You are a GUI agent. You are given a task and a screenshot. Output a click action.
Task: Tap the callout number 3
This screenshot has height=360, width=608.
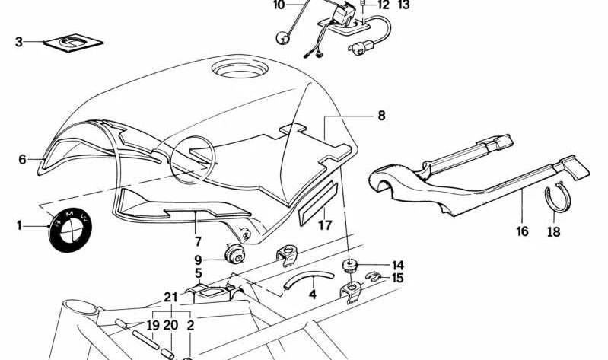tap(18, 42)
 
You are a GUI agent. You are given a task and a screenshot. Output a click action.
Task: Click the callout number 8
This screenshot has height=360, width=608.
tap(381, 115)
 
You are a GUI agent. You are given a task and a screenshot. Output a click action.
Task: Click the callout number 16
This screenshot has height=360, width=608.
tap(523, 231)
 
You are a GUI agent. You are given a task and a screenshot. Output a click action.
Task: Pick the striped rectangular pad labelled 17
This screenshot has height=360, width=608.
tap(318, 203)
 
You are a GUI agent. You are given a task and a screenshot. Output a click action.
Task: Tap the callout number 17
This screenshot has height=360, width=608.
tap(325, 225)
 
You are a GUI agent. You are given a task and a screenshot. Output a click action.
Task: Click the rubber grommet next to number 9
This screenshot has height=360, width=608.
tap(234, 253)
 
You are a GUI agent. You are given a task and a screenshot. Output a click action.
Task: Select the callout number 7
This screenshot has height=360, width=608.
tap(198, 242)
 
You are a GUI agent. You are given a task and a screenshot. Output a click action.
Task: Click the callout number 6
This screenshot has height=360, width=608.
tap(22, 159)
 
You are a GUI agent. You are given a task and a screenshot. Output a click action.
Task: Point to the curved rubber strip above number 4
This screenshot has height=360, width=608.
tap(309, 279)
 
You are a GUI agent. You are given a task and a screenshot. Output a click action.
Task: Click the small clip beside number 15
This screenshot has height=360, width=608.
tap(374, 277)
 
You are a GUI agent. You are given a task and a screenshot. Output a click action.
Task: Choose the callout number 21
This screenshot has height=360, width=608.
tap(170, 298)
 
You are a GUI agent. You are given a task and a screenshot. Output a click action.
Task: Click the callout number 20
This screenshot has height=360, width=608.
tap(170, 325)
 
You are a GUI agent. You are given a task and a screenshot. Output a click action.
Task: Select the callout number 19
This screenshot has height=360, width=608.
tap(153, 325)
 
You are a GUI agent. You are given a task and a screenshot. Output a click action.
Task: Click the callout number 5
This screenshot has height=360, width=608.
tap(198, 272)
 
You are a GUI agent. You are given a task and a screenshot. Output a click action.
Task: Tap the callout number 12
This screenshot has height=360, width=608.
tap(383, 5)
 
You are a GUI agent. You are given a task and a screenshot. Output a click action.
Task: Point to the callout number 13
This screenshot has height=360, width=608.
tap(403, 5)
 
